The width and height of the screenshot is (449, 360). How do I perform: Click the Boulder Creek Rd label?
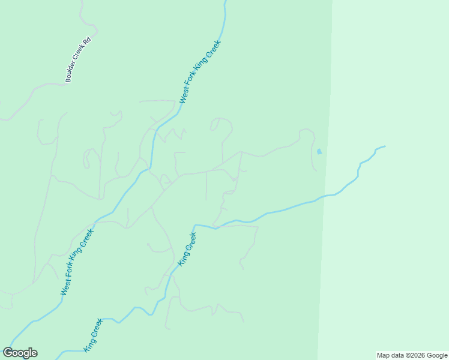coord(78,59)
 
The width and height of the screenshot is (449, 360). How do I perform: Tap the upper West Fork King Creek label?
coord(200,72)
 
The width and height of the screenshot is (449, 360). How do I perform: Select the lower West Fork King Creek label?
coord(77,262)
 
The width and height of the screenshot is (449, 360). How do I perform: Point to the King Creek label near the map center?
coord(187,250)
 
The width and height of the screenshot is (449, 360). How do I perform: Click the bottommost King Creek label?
coord(94,335)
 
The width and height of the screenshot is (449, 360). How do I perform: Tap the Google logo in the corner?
coord(20,353)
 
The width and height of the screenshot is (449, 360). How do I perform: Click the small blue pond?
coord(319,151)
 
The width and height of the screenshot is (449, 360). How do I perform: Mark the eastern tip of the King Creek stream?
coord(384,146)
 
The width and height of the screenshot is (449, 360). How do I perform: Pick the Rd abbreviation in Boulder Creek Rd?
coord(87,42)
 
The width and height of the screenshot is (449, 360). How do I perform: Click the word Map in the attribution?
coord(383,356)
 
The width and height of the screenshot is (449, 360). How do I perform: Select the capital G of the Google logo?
coord(8,353)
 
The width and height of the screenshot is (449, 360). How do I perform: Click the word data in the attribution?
coord(397,356)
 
